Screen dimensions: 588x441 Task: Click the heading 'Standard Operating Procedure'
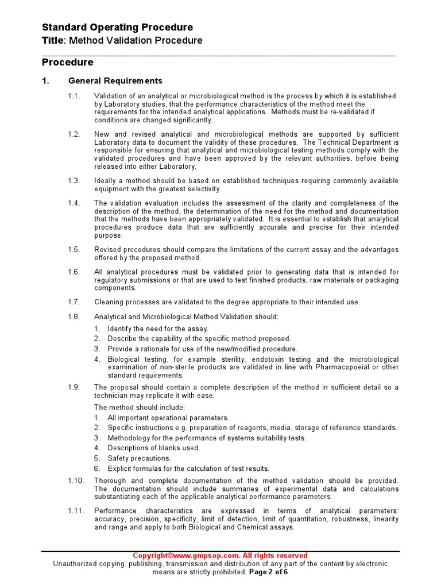(118, 28)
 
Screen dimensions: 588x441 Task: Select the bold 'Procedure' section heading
(68, 62)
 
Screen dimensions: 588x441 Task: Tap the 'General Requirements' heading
(115, 81)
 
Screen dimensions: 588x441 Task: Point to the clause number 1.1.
(73, 96)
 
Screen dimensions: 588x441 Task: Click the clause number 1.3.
(73, 181)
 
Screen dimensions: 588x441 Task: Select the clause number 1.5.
(73, 250)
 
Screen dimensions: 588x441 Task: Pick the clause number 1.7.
(73, 302)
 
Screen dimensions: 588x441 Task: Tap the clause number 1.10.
(75, 481)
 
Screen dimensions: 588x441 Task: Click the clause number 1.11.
(75, 511)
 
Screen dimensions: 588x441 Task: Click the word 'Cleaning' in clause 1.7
(109, 302)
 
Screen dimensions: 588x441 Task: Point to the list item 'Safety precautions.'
(139, 458)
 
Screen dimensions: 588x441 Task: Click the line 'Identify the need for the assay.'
(158, 329)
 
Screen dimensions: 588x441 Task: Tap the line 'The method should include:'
(140, 408)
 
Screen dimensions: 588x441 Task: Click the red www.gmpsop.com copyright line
(220, 556)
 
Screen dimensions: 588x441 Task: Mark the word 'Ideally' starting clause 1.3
(106, 181)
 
